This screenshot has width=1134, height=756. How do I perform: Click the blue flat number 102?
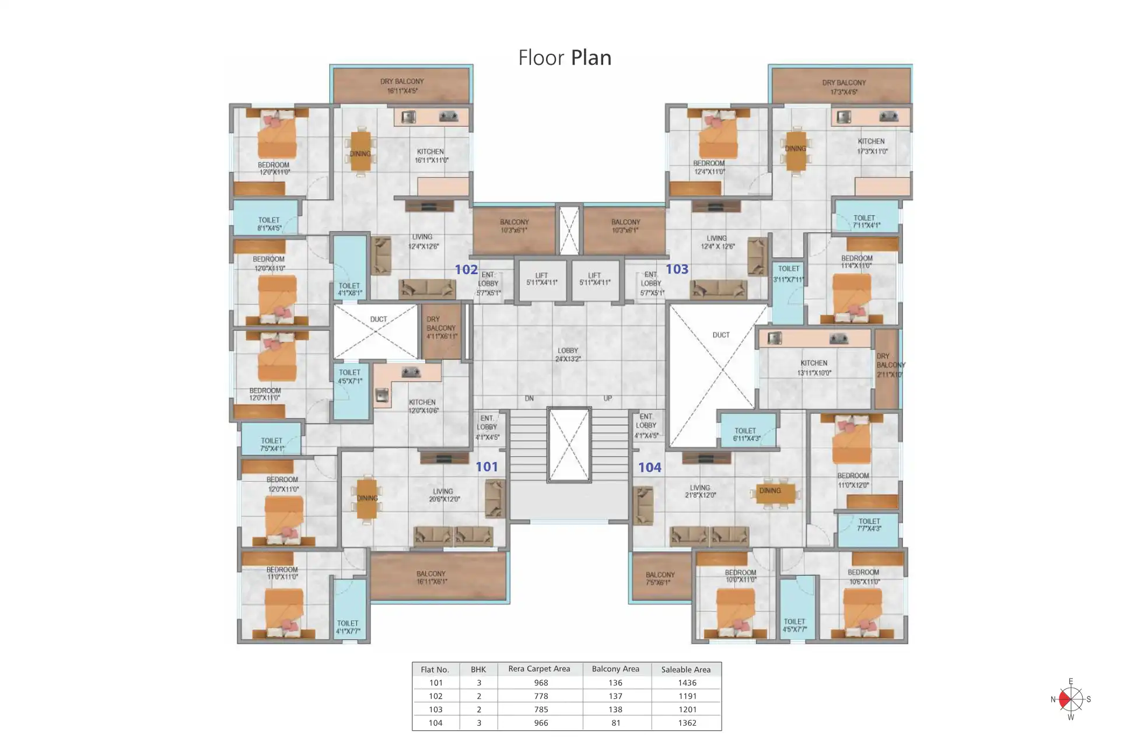coord(466,269)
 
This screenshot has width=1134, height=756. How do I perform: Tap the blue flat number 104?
coord(649,467)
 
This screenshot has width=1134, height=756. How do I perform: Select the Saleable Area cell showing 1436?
coord(687,682)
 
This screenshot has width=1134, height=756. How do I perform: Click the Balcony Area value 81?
coord(615,723)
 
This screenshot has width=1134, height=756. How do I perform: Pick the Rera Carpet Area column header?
coord(539,669)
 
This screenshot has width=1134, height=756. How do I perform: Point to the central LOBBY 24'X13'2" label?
coord(568,355)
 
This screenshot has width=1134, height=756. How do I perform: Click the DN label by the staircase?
coord(529,398)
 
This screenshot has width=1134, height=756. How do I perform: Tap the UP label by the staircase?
coord(607,398)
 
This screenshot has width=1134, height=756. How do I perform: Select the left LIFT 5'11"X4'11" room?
coord(541,279)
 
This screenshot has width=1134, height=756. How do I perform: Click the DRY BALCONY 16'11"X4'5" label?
coord(402,86)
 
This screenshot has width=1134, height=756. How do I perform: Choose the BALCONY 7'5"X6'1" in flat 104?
coord(660,578)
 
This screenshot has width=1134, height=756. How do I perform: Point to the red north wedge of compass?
coord(1065,699)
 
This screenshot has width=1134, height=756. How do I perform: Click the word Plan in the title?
coord(591,58)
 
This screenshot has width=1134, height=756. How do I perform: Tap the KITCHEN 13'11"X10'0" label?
coord(814,367)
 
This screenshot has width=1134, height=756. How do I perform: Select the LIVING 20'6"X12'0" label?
coord(444,495)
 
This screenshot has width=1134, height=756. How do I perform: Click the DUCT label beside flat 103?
coord(721,335)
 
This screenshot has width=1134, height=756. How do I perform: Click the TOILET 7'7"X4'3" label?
coord(869,524)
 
